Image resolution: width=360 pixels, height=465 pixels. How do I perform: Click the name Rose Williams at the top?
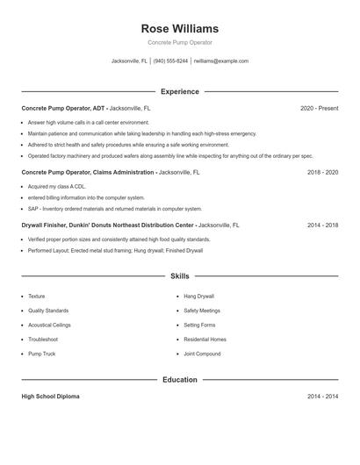179,29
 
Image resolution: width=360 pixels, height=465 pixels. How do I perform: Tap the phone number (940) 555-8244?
170,61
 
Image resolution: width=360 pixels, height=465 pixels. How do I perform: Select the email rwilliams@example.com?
220,61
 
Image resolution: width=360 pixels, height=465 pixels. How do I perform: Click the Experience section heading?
179,91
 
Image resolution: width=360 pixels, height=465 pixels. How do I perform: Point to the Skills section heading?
179,275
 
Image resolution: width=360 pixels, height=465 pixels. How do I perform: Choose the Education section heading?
179,380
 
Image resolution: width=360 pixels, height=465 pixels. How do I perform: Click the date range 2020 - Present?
319,108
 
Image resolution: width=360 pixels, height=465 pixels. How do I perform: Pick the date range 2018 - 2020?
322,173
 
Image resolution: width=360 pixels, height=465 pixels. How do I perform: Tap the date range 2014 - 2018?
322,225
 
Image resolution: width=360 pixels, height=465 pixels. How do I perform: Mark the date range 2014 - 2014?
322,397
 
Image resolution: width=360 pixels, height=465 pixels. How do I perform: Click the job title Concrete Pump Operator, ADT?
62,108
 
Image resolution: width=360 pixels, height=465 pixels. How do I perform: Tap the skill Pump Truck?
41,354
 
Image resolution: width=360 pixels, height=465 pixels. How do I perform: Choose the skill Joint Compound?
202,354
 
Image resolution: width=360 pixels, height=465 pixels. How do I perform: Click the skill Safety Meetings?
202,311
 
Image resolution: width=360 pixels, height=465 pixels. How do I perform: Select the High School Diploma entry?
50,397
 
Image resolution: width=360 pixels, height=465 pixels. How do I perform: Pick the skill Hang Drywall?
198,297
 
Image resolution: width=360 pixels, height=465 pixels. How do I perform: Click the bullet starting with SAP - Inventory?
114,209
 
